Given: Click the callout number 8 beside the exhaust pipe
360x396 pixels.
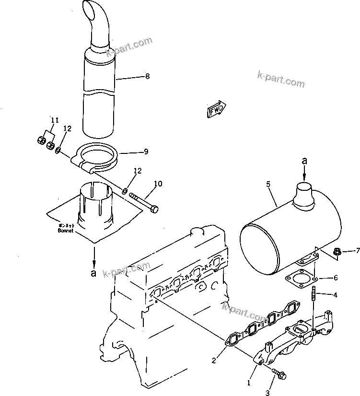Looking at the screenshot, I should [148, 76].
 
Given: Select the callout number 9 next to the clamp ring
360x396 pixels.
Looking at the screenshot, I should [146, 152].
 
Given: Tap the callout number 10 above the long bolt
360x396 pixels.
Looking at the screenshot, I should [158, 184].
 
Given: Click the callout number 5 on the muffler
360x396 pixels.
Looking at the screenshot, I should [268, 183].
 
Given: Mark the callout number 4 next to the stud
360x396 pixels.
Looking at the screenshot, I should [336, 295].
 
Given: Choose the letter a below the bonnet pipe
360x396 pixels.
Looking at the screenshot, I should [94, 274].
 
